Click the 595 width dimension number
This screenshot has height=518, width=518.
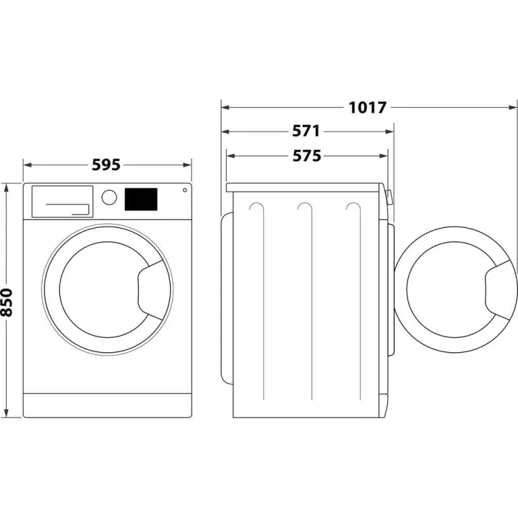click(x=106, y=165)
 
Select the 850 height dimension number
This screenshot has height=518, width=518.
click(x=7, y=302)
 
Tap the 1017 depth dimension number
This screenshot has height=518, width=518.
click(x=367, y=107)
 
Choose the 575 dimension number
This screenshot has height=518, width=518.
click(x=307, y=157)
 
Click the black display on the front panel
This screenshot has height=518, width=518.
click(x=141, y=200)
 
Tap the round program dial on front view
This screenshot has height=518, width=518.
click(x=108, y=197)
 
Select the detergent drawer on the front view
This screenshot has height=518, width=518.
click(x=61, y=200)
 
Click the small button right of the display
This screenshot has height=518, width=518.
click(x=184, y=190)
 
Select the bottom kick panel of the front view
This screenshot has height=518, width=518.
click(x=107, y=405)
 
